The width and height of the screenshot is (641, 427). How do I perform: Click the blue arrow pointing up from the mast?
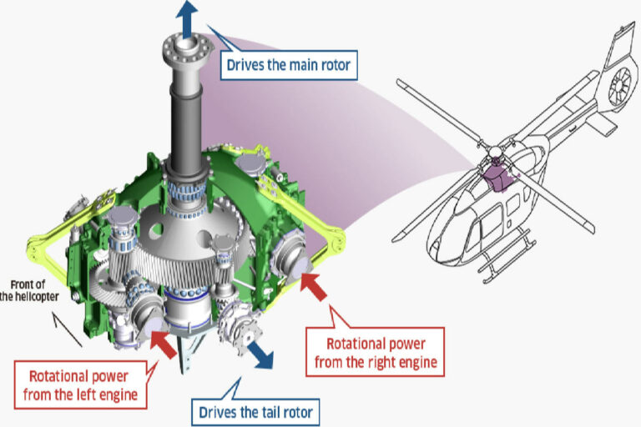click(x=185, y=16)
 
